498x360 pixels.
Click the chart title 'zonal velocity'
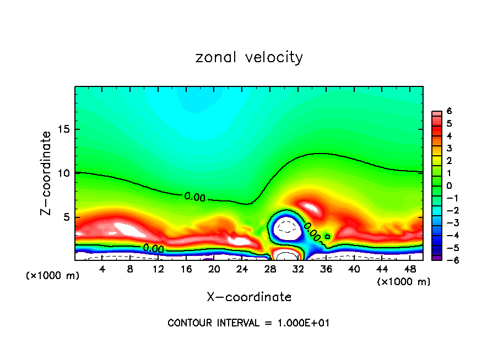pos(249,57)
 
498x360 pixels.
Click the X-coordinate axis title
pos(249,297)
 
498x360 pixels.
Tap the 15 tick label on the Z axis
pos(64,129)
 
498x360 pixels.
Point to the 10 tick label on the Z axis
pos(64,173)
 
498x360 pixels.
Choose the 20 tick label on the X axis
pos(214,269)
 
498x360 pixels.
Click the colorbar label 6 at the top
pos(449,111)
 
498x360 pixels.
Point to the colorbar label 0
pos(449,186)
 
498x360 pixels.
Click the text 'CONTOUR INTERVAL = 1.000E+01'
pos(248,323)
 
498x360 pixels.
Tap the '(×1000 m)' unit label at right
pos(404,282)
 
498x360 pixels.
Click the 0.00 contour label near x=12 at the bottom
pos(153,249)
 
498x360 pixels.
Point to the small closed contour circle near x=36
pos(328,236)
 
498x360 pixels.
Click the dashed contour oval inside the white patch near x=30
pos(286,226)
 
